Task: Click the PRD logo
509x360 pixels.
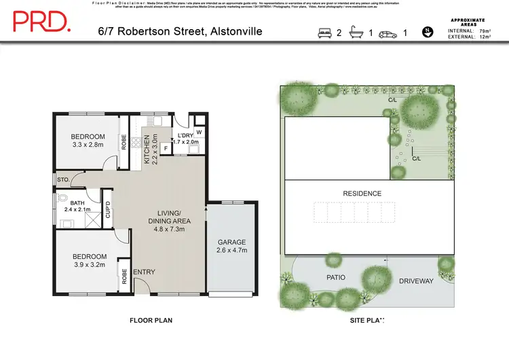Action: (x=41, y=23)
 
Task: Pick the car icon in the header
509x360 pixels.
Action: (x=388, y=32)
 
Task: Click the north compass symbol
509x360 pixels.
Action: (x=428, y=31)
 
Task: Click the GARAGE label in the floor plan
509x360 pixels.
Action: (x=231, y=242)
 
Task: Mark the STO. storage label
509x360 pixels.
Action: (x=64, y=181)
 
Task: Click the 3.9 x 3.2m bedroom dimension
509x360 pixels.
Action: (x=89, y=265)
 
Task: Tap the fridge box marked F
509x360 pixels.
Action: (x=165, y=147)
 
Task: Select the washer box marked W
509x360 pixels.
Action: (x=199, y=132)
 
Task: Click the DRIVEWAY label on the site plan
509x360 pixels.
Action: (x=416, y=281)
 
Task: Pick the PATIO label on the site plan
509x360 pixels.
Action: (x=336, y=278)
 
